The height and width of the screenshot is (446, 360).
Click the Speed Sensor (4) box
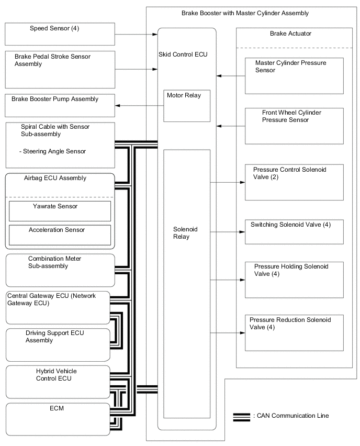pyautogui.click(x=60, y=34)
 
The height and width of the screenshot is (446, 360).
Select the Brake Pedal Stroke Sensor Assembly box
pyautogui.click(x=60, y=69)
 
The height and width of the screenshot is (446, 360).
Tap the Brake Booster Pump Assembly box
pyautogui.click(x=60, y=105)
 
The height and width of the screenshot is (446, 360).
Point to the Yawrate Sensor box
pyautogui.click(x=60, y=210)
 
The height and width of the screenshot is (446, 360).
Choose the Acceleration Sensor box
pyautogui.click(x=60, y=235)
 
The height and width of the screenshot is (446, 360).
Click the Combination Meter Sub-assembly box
pyautogui.click(x=60, y=270)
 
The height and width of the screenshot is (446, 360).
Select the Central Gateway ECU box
pyautogui.click(x=58, y=307)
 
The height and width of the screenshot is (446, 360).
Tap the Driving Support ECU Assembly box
pyautogui.click(x=58, y=344)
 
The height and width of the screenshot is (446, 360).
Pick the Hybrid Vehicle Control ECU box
pyautogui.click(x=58, y=382)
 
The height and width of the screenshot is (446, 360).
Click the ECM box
pyautogui.click(x=58, y=418)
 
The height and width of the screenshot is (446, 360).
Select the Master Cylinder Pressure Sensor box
pyautogui.click(x=294, y=75)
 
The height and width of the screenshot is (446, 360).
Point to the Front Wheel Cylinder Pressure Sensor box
pyautogui.click(x=294, y=126)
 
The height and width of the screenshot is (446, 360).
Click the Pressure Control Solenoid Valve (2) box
pyautogui.click(x=294, y=182)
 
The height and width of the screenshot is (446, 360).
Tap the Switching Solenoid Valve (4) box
pyautogui.click(x=294, y=231)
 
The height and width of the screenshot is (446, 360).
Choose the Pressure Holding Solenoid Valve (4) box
pyautogui.click(x=294, y=280)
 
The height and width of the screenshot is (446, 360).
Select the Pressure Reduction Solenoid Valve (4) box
pyautogui.click(x=294, y=332)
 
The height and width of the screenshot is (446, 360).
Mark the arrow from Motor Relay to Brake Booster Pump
pyautogui.click(x=140, y=106)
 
